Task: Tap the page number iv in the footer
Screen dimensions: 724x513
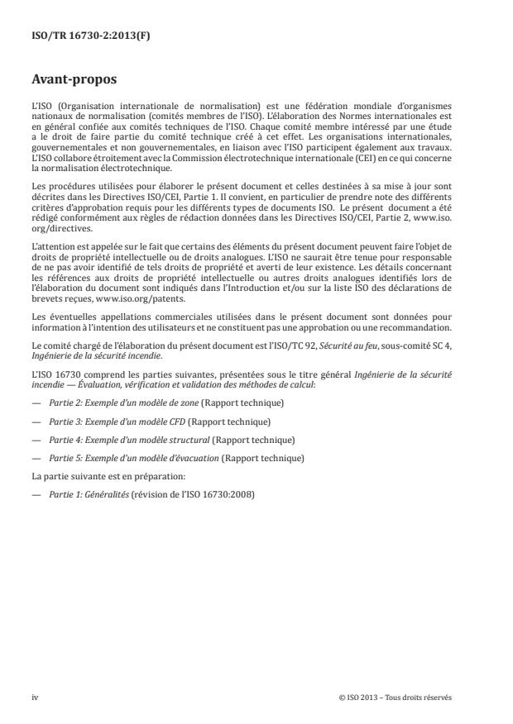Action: click(35, 697)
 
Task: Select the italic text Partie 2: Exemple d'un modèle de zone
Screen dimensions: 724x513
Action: click(117, 402)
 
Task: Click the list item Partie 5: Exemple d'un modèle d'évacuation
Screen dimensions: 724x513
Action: click(133, 458)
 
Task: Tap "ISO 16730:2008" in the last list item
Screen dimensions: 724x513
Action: click(228, 494)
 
